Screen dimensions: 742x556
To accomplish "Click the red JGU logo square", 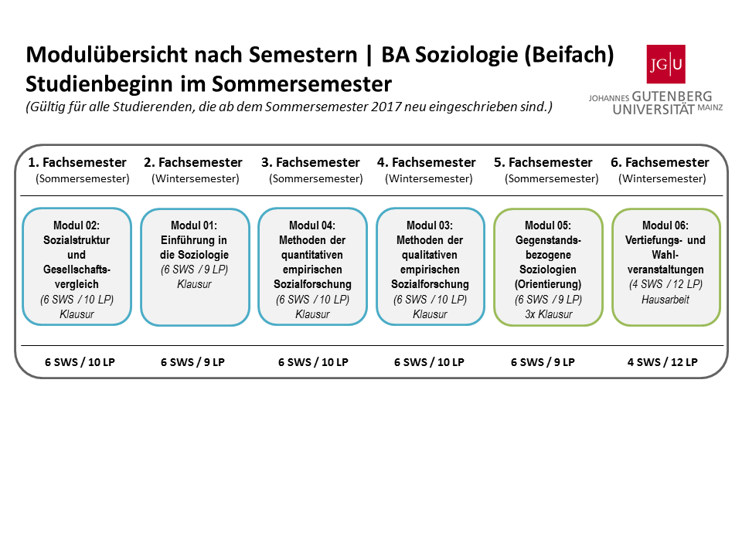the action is (665, 64).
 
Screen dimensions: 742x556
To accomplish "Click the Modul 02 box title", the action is (77, 225).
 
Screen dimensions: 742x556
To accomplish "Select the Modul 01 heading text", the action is (194, 225).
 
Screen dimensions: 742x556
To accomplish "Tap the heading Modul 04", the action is (312, 225).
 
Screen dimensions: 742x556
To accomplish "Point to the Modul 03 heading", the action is (430, 225).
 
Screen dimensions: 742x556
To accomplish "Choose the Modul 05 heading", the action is (548, 225).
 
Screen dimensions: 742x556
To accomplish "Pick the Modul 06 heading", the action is (665, 225).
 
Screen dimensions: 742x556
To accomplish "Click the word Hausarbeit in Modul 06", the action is (665, 300).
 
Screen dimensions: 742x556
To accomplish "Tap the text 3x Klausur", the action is (549, 314).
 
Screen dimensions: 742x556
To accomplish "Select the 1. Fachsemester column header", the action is (77, 162).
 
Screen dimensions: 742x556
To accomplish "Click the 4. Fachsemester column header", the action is (427, 162).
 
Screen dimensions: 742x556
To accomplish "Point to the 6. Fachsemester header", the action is (660, 162).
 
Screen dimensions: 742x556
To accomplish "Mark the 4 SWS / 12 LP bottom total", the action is (662, 362).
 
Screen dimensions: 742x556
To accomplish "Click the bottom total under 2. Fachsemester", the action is (192, 362).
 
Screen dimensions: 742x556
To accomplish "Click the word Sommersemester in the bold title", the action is (301, 84).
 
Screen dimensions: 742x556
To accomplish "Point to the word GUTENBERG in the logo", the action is (672, 97).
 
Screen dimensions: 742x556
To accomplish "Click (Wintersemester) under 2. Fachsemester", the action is (196, 178).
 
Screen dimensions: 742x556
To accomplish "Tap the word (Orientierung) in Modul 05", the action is (548, 284).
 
